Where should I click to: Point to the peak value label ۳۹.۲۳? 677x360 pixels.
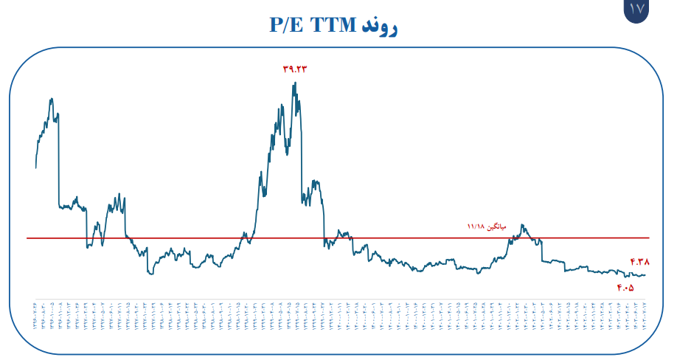(294, 69)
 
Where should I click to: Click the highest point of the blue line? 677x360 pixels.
(295, 83)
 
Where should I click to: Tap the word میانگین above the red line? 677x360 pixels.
(498, 226)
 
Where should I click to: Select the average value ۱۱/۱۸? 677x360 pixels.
(476, 226)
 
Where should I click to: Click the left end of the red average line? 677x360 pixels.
(27, 238)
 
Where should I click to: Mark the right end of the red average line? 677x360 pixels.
(649, 238)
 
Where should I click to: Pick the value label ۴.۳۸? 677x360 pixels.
(639, 262)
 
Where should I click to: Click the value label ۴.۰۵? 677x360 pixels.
(625, 288)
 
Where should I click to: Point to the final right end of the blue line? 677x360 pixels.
(645, 275)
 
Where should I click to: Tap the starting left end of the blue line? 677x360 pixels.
(35, 167)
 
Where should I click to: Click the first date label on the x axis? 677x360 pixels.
(35, 316)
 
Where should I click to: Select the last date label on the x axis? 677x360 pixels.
(645, 316)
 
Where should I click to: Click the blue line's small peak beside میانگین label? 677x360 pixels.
(523, 225)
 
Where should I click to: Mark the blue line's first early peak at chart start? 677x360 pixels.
(51, 99)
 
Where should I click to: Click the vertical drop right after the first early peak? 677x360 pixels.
(59, 162)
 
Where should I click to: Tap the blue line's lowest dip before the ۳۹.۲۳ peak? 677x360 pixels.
(151, 274)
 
